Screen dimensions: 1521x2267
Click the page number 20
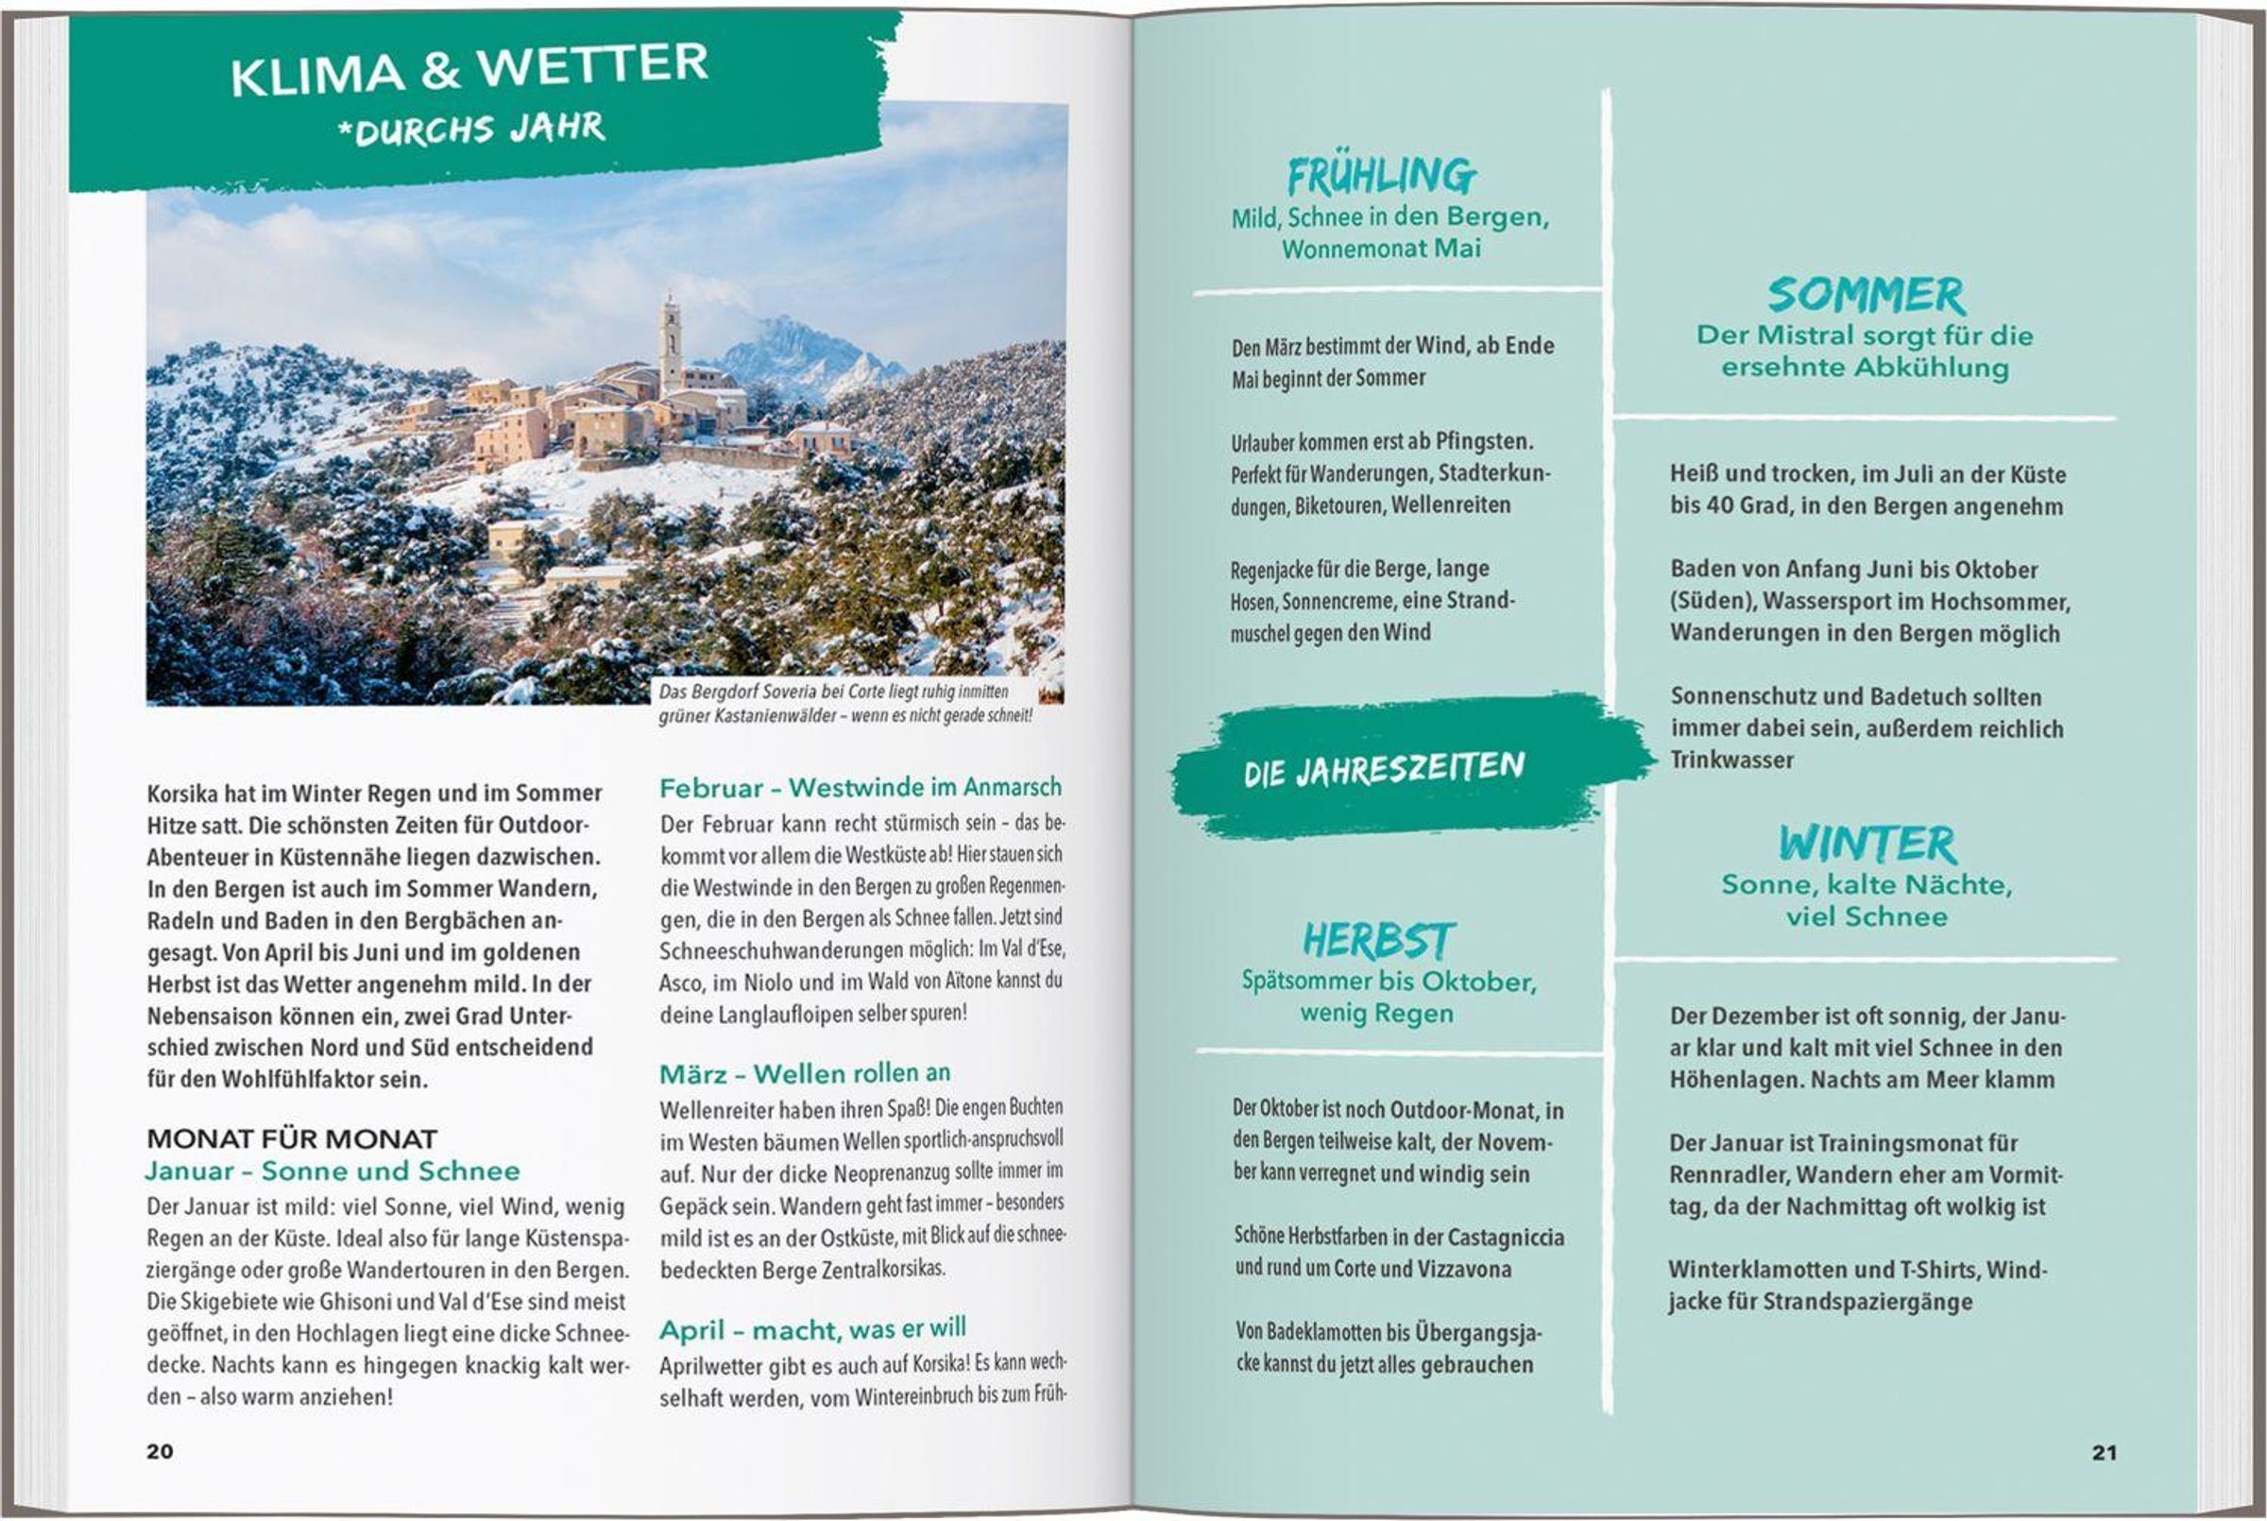click(x=160, y=1451)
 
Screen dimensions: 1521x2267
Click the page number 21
click(x=2104, y=1452)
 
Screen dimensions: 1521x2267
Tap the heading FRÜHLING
click(x=1382, y=176)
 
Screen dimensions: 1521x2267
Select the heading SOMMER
click(x=1866, y=295)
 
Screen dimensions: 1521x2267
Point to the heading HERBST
click(x=1378, y=940)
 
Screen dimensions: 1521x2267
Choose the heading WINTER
click(x=1867, y=843)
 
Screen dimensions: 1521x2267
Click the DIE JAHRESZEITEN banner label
click(x=1384, y=769)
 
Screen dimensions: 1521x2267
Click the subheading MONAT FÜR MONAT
click(x=292, y=1138)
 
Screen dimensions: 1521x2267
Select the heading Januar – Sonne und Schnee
click(x=332, y=1171)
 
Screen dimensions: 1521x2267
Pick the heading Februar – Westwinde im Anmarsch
click(x=861, y=787)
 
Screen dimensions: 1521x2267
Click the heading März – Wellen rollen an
click(x=805, y=1074)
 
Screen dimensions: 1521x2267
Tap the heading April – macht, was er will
click(x=812, y=1329)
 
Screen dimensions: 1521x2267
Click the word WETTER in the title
click(x=592, y=66)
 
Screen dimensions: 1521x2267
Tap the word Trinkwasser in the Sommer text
click(x=1730, y=760)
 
